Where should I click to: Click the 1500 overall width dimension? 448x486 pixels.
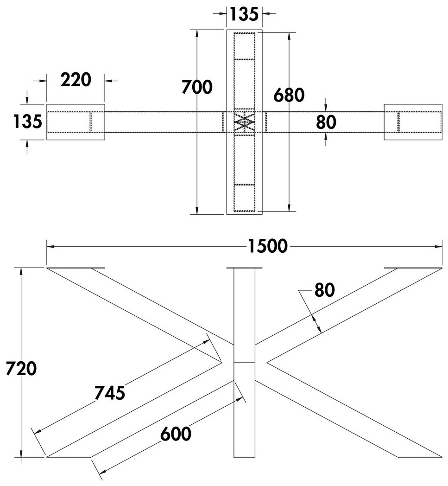pyautogui.click(x=268, y=246)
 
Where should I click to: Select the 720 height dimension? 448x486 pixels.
pyautogui.click(x=21, y=369)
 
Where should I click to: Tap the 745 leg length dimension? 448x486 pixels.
pyautogui.click(x=110, y=393)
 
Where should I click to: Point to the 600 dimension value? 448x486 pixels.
pyautogui.click(x=176, y=434)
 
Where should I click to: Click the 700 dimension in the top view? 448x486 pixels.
pyautogui.click(x=197, y=87)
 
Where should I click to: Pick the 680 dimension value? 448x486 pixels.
pyautogui.click(x=289, y=95)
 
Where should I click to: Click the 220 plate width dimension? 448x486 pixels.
pyautogui.click(x=76, y=80)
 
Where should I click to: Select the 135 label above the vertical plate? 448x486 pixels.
pyautogui.click(x=244, y=14)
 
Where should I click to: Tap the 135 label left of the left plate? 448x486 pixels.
pyautogui.click(x=27, y=121)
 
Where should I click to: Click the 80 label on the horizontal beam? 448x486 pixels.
pyautogui.click(x=326, y=122)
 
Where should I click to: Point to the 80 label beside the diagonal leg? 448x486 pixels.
pyautogui.click(x=325, y=290)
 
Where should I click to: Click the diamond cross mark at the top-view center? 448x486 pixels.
pyautogui.click(x=244, y=122)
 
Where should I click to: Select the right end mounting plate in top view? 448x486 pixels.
pyautogui.click(x=413, y=122)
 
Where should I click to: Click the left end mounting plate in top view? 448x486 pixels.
pyautogui.click(x=76, y=122)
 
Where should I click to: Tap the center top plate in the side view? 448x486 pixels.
pyautogui.click(x=244, y=268)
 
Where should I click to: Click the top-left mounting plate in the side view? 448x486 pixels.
pyautogui.click(x=76, y=268)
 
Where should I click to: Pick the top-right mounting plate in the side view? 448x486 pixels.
pyautogui.click(x=413, y=268)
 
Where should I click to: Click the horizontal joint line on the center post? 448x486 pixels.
pyautogui.click(x=244, y=362)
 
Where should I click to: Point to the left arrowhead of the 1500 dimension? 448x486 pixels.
pyautogui.click(x=50, y=247)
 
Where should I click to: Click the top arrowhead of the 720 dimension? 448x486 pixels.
pyautogui.click(x=21, y=271)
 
